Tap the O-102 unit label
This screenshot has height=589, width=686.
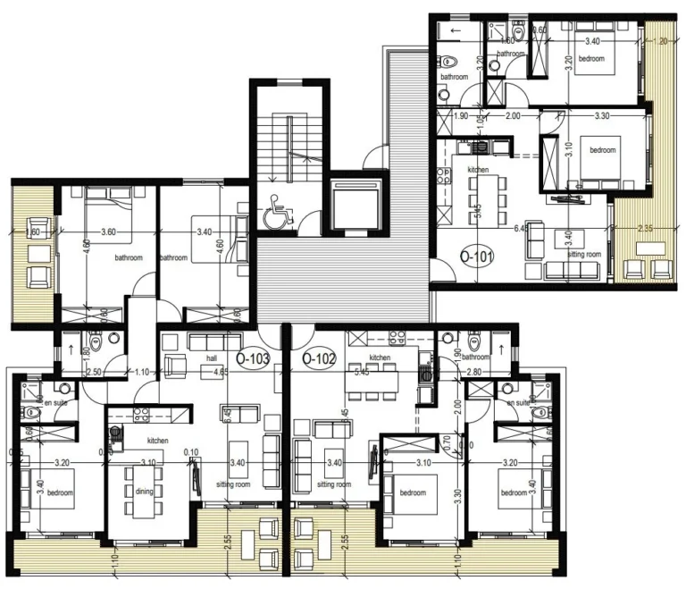click(319, 360)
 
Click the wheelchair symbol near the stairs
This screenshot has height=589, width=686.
click(273, 215)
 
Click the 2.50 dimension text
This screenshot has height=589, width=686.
click(93, 371)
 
